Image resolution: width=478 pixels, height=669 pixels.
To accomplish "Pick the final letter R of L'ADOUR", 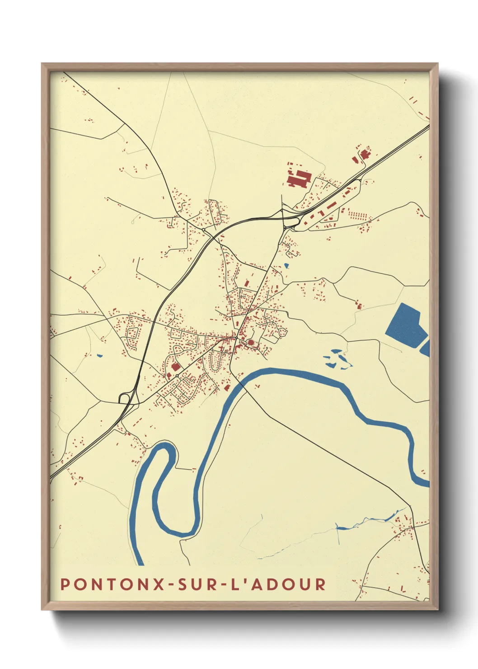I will tap(320, 584).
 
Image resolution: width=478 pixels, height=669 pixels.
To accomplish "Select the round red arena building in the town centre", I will tap(251, 343).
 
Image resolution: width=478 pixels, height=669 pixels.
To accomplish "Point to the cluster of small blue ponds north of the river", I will tap(337, 359).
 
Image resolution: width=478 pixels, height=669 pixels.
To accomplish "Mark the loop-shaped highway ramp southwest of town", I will tap(125, 398).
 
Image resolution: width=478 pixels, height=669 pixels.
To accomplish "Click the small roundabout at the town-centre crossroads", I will tap(236, 338).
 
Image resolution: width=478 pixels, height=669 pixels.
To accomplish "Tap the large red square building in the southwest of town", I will tap(175, 367).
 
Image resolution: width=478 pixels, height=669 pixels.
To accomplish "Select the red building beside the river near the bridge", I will tap(227, 387).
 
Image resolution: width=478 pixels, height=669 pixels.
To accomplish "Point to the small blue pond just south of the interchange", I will tap(286, 265).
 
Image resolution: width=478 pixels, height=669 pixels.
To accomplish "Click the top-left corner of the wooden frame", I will tap(42, 64).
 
